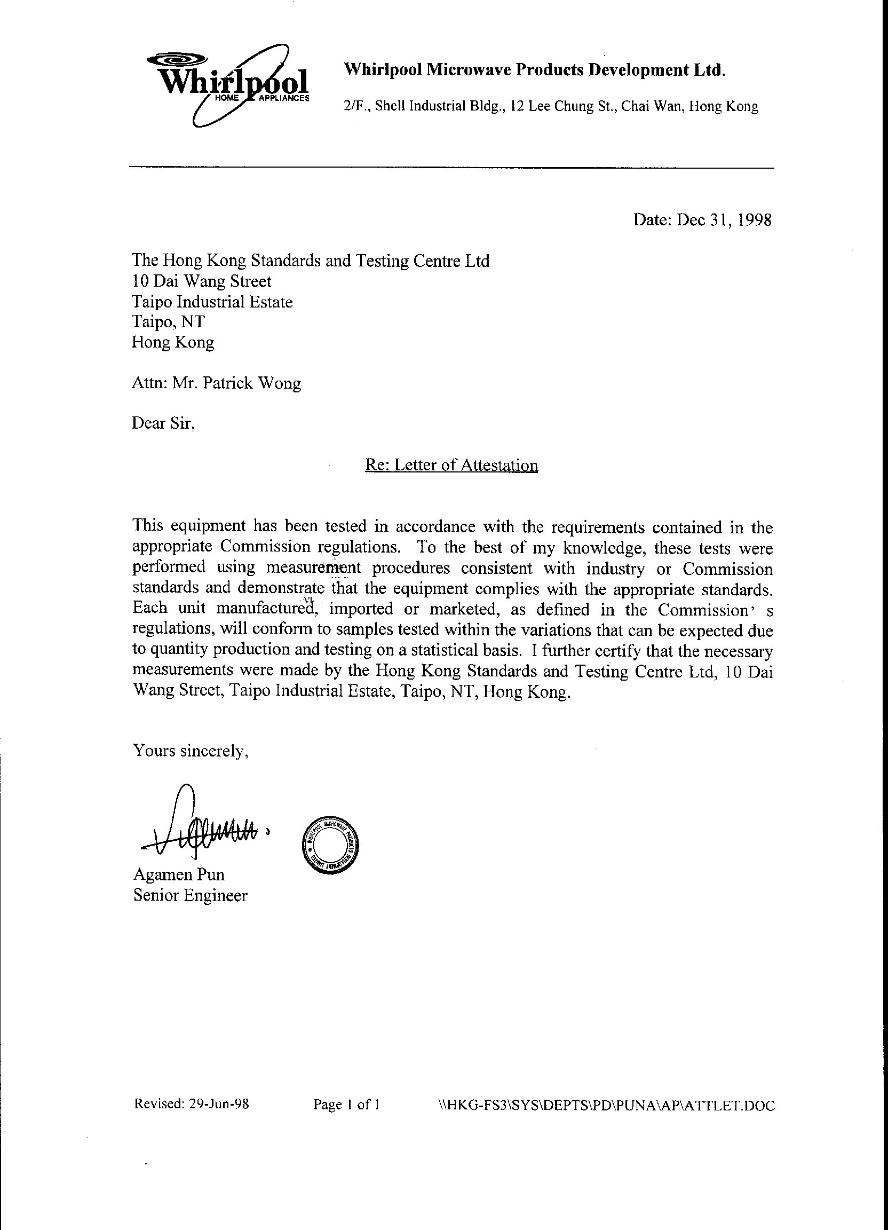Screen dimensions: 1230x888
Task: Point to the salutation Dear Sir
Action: click(x=163, y=423)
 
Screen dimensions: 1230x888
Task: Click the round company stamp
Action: click(x=330, y=845)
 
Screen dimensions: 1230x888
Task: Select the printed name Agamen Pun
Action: click(x=179, y=874)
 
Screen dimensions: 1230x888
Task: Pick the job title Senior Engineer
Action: click(x=191, y=895)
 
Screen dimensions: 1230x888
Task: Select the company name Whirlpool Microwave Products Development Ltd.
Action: click(x=535, y=70)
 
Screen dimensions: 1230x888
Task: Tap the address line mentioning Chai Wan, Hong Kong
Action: click(x=550, y=106)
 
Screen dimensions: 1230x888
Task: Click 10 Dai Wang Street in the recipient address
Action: click(x=202, y=281)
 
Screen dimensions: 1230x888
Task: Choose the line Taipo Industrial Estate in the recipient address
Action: click(x=212, y=302)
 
